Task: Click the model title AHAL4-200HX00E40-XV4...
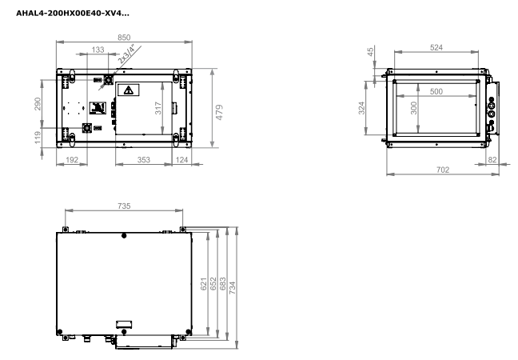pyautogui.click(x=73, y=14)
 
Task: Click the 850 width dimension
pyautogui.click(x=124, y=38)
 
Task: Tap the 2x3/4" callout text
pyautogui.click(x=127, y=54)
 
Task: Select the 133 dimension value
pyautogui.click(x=98, y=50)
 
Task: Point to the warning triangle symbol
pyautogui.click(x=129, y=90)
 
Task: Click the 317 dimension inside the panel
pyautogui.click(x=158, y=108)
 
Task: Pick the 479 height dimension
pyautogui.click(x=219, y=112)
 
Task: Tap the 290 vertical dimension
pyautogui.click(x=38, y=104)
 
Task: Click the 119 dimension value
pyautogui.click(x=38, y=138)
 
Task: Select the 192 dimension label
pyautogui.click(x=72, y=160)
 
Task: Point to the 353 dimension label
pyautogui.click(x=144, y=160)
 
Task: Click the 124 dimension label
pyautogui.click(x=181, y=160)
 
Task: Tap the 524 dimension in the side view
pyautogui.click(x=436, y=48)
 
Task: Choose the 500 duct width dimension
pyautogui.click(x=436, y=91)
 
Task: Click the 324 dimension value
pyautogui.click(x=362, y=108)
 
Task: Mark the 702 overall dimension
pyautogui.click(x=443, y=170)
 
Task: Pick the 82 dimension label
pyautogui.click(x=492, y=160)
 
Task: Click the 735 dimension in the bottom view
pyautogui.click(x=124, y=206)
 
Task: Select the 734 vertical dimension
pyautogui.click(x=233, y=288)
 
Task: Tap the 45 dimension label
pyautogui.click(x=371, y=52)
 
